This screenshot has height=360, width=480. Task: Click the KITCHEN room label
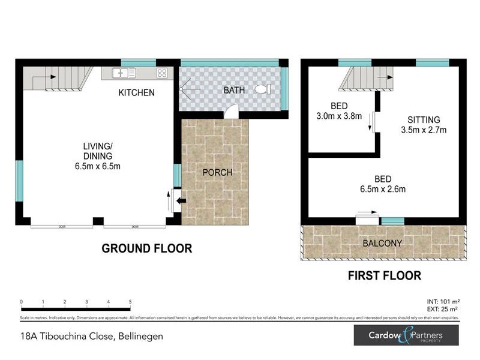coord(136,92)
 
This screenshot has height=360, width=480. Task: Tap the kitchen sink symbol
coord(123,73)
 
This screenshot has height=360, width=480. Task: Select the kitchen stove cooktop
coord(162,73)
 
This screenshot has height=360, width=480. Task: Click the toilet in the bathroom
coord(262,89)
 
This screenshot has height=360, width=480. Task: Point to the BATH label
coord(234,90)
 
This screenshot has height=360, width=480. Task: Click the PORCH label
coord(217,173)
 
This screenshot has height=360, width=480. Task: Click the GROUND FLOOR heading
coord(146,248)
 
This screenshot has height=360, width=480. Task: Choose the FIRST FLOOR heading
coord(384,276)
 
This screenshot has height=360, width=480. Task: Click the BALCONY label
coord(382,243)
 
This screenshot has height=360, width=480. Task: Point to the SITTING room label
coord(423,119)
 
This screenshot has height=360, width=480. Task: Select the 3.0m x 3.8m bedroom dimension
coord(339,116)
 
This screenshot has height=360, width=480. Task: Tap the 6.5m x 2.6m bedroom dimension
coord(383,189)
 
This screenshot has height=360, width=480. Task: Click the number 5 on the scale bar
coord(130,302)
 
